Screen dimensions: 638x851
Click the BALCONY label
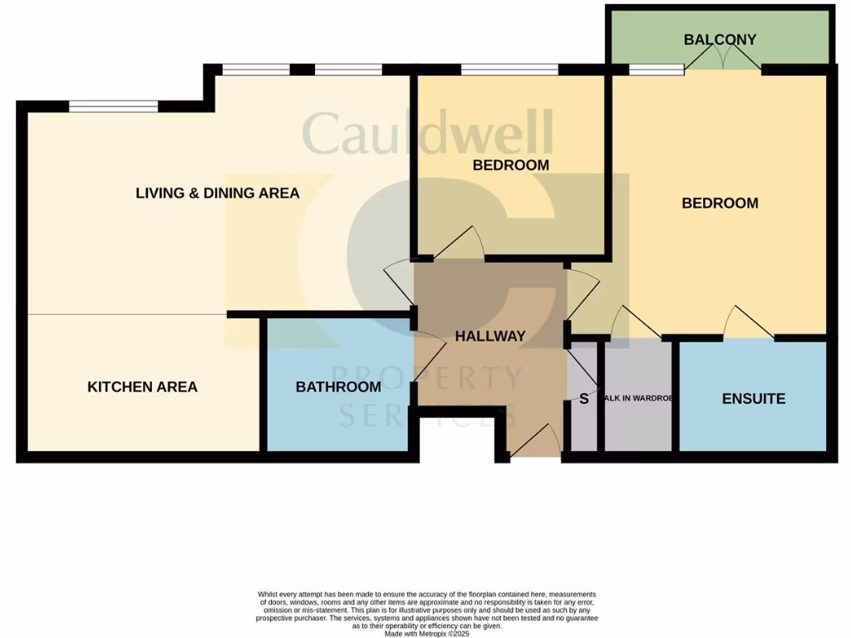(720, 39)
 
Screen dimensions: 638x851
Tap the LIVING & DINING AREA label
(218, 193)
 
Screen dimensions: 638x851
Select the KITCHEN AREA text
(142, 386)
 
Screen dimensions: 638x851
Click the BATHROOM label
(338, 386)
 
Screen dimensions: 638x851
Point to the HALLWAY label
(490, 336)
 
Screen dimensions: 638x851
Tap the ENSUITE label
(753, 399)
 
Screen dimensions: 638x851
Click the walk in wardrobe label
(637, 399)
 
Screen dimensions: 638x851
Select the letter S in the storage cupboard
(583, 399)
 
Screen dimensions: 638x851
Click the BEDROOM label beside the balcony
(720, 203)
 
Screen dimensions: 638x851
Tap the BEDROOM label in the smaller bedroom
(510, 164)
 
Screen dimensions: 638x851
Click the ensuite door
(749, 324)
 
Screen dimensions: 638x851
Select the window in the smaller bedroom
(509, 70)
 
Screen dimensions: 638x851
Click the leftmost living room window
(113, 106)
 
